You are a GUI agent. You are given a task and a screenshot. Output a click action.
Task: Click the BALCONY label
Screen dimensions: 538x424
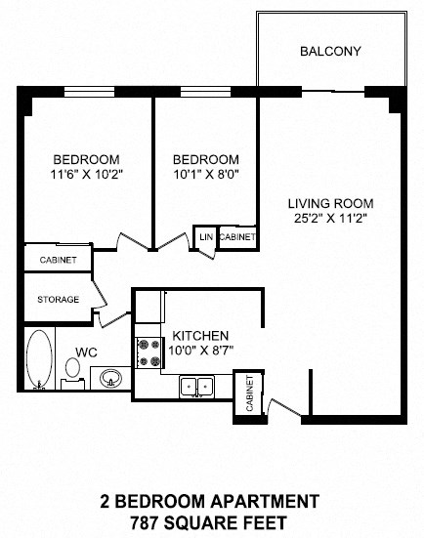tap(331, 51)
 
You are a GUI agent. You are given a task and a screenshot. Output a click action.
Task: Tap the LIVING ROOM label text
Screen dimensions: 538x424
tap(330, 204)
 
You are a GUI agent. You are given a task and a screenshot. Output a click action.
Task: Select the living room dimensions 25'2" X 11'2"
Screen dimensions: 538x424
tap(330, 221)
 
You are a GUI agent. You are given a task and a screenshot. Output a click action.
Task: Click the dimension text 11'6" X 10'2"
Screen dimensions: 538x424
tap(86, 177)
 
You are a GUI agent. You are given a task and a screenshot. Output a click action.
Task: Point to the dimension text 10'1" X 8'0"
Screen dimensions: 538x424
tap(205, 177)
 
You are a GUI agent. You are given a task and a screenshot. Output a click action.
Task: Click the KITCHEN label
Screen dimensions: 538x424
tap(200, 334)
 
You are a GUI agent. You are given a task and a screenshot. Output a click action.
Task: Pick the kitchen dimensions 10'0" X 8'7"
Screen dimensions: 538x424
tap(200, 350)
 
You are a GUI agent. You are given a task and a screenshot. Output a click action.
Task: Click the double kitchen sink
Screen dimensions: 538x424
tap(197, 387)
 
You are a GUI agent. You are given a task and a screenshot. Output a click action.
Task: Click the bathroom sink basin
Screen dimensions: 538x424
tap(108, 378)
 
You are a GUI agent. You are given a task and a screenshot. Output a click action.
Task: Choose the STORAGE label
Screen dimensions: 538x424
tap(59, 300)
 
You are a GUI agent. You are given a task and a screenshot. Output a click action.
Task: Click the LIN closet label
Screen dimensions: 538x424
tap(206, 237)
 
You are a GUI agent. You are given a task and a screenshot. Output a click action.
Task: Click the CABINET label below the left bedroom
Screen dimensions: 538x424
tap(58, 260)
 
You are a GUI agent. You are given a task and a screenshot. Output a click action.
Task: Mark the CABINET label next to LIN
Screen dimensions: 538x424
tap(237, 237)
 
